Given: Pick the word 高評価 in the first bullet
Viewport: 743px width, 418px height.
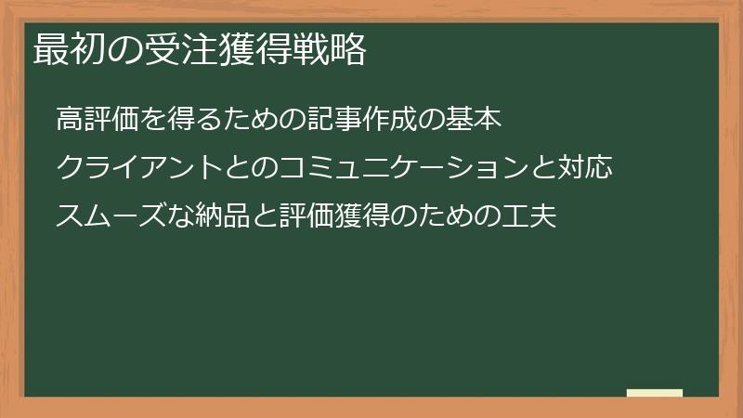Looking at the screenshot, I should [x=97, y=120].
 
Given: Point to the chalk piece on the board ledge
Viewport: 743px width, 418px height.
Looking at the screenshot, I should [x=655, y=393].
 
